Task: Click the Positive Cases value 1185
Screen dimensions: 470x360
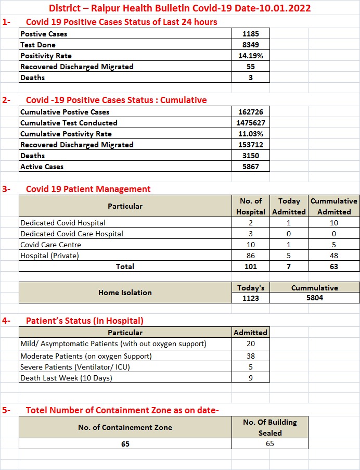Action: (250, 34)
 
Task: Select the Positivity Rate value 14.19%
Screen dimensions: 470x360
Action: (250, 56)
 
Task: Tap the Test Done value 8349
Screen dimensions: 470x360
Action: (250, 45)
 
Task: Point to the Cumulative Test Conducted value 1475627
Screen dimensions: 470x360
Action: (250, 123)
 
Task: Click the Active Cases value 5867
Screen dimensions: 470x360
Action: (250, 167)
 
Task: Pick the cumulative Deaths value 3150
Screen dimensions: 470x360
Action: (250, 156)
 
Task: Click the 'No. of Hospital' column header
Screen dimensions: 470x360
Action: (250, 206)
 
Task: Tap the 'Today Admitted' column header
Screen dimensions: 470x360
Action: (289, 206)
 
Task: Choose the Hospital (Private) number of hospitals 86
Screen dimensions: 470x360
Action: (250, 256)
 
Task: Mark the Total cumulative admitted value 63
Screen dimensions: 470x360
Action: (333, 266)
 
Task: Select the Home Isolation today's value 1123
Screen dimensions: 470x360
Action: (250, 298)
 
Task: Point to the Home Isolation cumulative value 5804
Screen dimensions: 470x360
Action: (314, 298)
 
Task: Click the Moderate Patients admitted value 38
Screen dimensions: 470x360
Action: (250, 356)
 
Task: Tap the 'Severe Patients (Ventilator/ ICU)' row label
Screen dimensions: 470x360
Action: (75, 367)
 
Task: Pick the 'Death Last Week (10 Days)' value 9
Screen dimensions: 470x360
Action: (250, 378)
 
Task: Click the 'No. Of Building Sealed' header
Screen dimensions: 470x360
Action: (269, 427)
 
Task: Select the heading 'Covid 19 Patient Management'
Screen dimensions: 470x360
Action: (88, 189)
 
